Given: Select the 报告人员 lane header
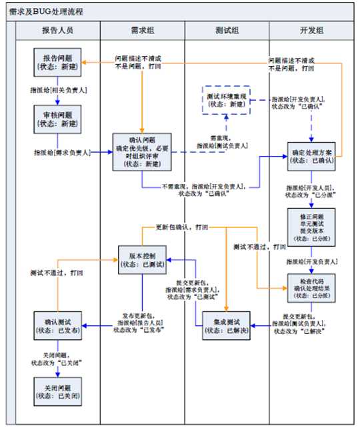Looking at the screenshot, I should [58, 31].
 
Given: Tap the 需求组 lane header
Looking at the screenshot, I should [141, 31].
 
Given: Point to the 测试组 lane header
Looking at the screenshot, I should [227, 31].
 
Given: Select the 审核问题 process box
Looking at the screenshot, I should [58, 119].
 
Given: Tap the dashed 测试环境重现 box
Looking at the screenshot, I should [227, 101].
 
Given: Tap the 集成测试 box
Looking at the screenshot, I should [227, 326].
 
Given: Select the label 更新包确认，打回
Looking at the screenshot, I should [181, 227].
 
